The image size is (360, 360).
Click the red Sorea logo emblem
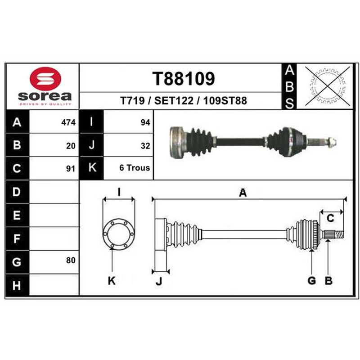pyautogui.click(x=45, y=78)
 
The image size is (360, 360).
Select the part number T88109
pyautogui.click(x=184, y=79)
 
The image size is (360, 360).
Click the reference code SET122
pyautogui.click(x=174, y=100)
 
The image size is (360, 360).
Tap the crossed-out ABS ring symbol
pyautogui.click(x=328, y=85)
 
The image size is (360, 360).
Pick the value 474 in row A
pyautogui.click(x=68, y=122)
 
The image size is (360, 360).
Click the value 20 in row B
pyautogui.click(x=71, y=146)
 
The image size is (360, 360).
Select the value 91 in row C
pyautogui.click(x=71, y=169)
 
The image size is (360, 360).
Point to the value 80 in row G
pyautogui.click(x=71, y=260)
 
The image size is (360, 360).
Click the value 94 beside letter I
pyautogui.click(x=145, y=122)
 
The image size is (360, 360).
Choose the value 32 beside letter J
pyautogui.click(x=145, y=146)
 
